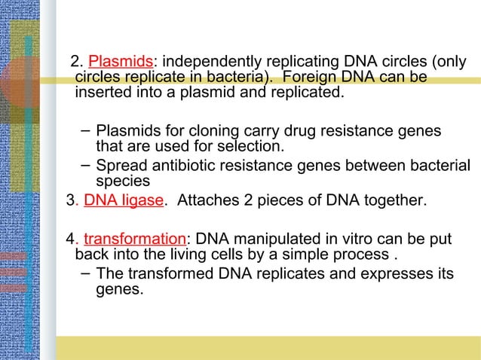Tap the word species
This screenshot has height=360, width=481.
[123, 181]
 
